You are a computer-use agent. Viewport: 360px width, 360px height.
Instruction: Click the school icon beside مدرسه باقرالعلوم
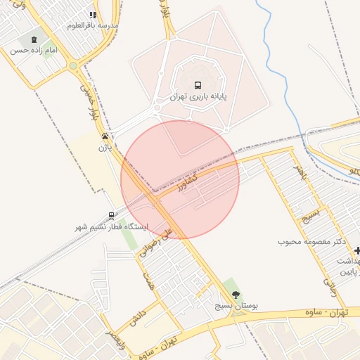(93, 15)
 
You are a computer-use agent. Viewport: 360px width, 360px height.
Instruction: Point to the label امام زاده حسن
(30, 51)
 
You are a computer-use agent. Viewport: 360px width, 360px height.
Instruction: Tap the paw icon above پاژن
(105, 136)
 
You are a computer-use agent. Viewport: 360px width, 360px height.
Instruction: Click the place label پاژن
(105, 148)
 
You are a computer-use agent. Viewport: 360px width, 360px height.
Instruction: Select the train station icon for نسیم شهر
(111, 216)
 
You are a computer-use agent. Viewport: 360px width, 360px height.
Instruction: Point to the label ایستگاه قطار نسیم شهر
(112, 227)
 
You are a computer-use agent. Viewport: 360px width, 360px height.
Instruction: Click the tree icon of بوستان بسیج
(235, 295)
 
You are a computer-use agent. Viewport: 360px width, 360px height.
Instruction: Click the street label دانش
(138, 317)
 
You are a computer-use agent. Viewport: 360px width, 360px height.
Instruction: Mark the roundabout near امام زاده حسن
(73, 66)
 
